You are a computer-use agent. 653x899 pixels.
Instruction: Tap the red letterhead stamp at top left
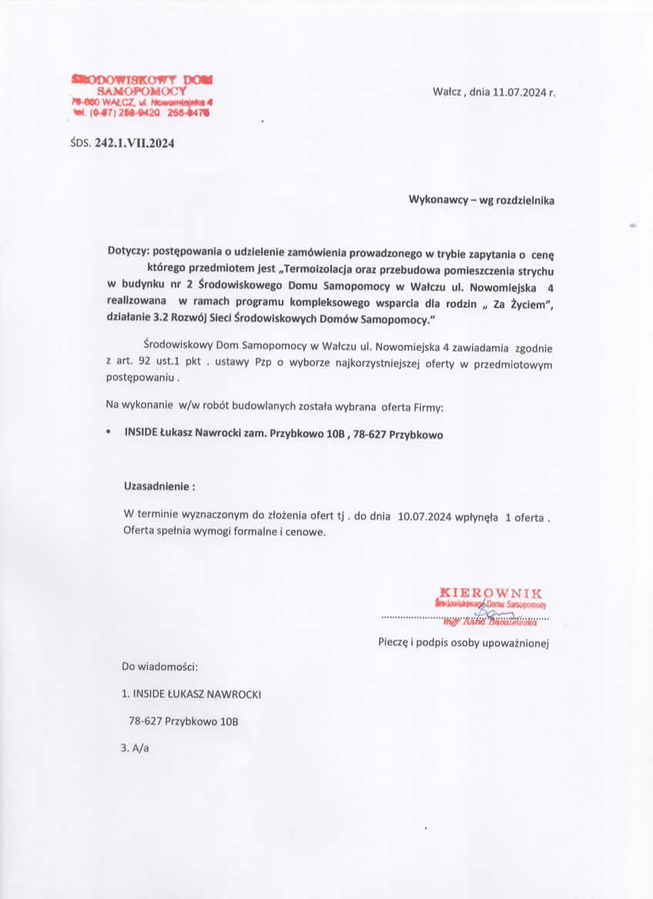(x=142, y=95)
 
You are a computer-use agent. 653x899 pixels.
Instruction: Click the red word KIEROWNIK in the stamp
(x=490, y=593)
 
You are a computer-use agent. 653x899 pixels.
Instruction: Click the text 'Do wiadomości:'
(x=160, y=665)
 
